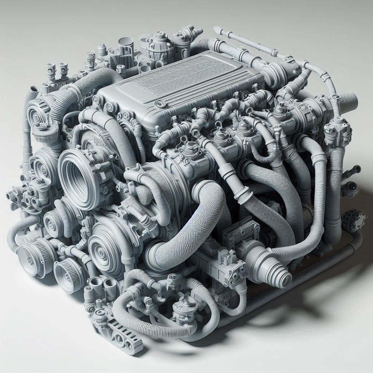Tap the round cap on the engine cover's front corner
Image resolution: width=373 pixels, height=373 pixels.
click(160, 104)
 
